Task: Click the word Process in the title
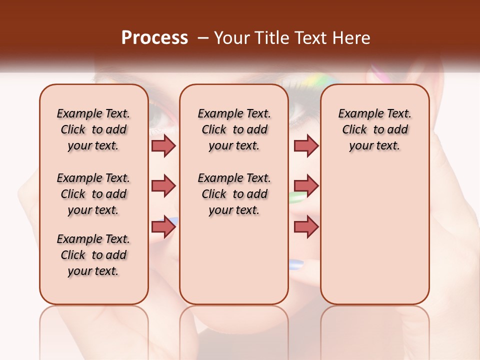154,37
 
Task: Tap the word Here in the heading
352,38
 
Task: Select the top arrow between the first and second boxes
163,145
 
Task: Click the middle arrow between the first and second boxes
163,186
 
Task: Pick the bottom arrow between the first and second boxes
163,227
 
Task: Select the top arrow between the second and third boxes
306,145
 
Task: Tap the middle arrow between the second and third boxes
306,186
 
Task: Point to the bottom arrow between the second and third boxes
306,227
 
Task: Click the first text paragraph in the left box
93,129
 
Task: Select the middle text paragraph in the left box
93,194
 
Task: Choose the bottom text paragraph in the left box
93,255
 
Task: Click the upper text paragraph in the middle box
234,129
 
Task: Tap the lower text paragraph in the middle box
234,194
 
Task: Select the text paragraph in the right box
375,129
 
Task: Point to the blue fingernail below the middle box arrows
296,264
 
